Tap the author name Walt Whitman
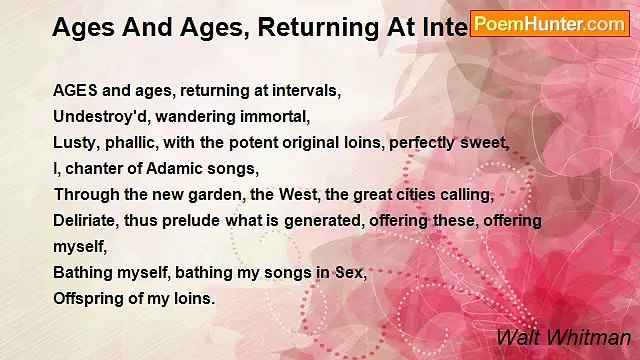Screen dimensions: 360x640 point(563,338)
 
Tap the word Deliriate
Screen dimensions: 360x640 point(89,220)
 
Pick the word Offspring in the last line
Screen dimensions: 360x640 point(90,298)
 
